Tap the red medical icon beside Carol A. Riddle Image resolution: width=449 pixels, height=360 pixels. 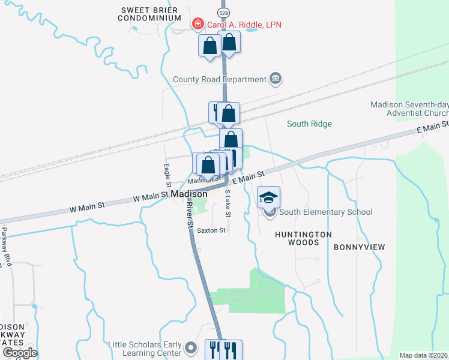click(x=197, y=24)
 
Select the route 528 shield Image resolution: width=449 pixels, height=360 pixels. click(x=223, y=12)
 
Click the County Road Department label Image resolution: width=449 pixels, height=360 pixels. click(x=219, y=79)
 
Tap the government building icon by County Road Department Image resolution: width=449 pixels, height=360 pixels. click(x=276, y=79)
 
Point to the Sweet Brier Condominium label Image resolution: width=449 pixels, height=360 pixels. click(x=151, y=14)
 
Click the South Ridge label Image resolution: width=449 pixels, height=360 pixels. click(x=309, y=124)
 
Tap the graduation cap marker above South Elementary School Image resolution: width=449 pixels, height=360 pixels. click(x=268, y=196)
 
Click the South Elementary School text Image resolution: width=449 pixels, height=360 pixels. click(x=326, y=212)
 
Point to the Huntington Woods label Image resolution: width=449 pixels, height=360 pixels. click(x=303, y=238)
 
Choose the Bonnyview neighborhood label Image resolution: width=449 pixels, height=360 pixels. click(x=359, y=247)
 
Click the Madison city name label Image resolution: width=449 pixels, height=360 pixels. click(x=189, y=194)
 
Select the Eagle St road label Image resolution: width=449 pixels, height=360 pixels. click(x=168, y=175)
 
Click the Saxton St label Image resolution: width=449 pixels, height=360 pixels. click(x=211, y=230)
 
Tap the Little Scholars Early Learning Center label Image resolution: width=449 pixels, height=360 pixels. click(x=145, y=348)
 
